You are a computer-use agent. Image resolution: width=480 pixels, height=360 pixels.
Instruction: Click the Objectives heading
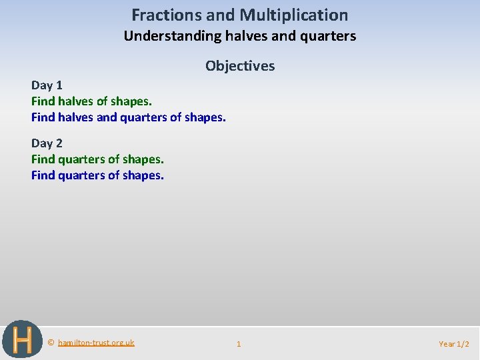point(240,65)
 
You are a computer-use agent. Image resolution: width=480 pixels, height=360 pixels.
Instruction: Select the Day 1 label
point(47,85)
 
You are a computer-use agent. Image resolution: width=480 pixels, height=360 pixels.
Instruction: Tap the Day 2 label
point(47,143)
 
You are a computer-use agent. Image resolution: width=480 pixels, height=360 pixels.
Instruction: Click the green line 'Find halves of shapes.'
point(91,101)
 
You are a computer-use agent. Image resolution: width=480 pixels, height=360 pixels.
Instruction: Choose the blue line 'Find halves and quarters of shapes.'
point(129,117)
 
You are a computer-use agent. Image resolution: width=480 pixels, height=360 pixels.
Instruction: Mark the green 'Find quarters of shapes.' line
point(97,159)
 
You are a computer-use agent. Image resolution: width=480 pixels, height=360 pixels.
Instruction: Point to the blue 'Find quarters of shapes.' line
point(97,175)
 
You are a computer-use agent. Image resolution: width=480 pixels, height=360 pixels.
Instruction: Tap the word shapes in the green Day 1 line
point(133,101)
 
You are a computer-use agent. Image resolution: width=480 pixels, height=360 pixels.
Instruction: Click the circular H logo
point(22,339)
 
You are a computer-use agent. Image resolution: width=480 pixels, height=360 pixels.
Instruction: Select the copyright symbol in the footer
point(51,343)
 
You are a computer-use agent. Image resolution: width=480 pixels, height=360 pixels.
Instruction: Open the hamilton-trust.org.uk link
point(96,343)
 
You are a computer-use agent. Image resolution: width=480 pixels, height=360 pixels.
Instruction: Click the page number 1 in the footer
point(239,344)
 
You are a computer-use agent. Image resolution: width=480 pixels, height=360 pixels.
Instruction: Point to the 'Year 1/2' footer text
point(453,344)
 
